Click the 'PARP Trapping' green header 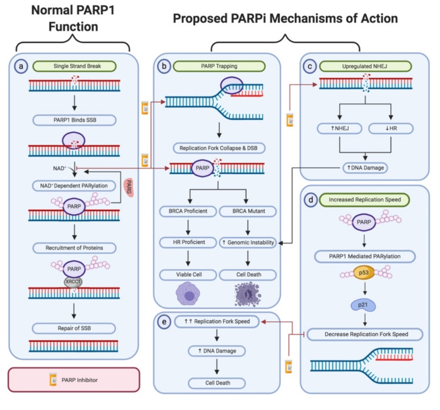coord(219,66)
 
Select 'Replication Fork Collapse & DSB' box coord(219,148)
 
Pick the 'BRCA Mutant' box coord(248,210)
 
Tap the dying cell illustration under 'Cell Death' coord(248,295)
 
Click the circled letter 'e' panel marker coord(164,321)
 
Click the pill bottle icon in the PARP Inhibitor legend coord(52,380)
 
